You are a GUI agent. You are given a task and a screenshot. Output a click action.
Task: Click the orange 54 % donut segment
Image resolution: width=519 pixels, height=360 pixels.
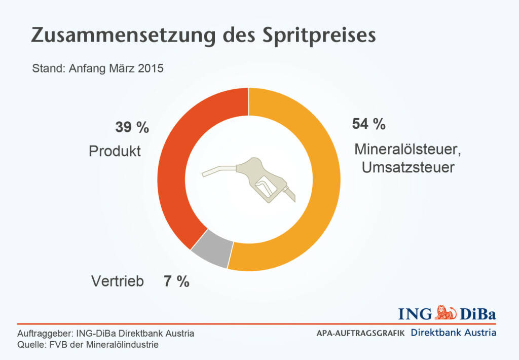pyautogui.click(x=314, y=203)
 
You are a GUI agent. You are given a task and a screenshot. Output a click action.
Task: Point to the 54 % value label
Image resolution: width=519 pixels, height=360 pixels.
pyautogui.click(x=368, y=124)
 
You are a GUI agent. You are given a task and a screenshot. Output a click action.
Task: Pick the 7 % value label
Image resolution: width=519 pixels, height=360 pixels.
pyautogui.click(x=176, y=281)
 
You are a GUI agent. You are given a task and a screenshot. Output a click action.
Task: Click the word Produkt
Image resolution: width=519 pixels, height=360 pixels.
pyautogui.click(x=115, y=151)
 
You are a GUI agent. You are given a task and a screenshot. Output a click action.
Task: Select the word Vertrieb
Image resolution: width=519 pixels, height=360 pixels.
pyautogui.click(x=118, y=281)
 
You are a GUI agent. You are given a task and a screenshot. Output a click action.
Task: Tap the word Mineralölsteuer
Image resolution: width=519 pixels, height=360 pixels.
pyautogui.click(x=409, y=150)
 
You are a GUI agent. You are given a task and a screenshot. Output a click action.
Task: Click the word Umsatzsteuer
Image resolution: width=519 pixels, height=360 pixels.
pyautogui.click(x=408, y=167)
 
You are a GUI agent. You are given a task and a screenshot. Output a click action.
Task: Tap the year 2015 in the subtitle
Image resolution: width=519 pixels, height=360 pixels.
pyautogui.click(x=151, y=68)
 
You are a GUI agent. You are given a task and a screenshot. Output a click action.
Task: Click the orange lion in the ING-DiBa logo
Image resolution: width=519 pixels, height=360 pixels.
pyautogui.click(x=446, y=312)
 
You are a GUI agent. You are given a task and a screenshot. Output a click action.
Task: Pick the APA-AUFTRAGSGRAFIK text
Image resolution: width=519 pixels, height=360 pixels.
pyautogui.click(x=360, y=334)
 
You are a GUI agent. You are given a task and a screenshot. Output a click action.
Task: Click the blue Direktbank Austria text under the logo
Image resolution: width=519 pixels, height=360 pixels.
pyautogui.click(x=454, y=333)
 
